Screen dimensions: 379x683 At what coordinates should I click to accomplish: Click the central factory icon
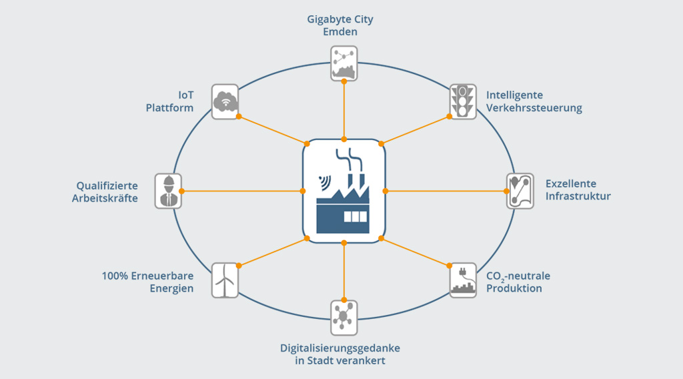pyautogui.click(x=344, y=191)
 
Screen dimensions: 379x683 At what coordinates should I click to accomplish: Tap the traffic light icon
pyautogui.click(x=462, y=101)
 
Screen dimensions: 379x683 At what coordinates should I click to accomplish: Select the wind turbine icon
pyautogui.click(x=225, y=280)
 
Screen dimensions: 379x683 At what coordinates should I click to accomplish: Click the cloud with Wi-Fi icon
pyautogui.click(x=225, y=101)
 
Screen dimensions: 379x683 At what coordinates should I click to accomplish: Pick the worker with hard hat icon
pyautogui.click(x=168, y=191)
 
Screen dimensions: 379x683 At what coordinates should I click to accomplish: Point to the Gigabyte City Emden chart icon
pyautogui.click(x=344, y=63)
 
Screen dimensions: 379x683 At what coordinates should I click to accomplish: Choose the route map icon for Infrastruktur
pyautogui.click(x=520, y=191)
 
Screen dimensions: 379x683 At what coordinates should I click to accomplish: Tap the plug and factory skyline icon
pyautogui.click(x=462, y=280)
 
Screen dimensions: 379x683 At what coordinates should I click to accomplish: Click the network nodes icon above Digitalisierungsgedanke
pyautogui.click(x=344, y=317)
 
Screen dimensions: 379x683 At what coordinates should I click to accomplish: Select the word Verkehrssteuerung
pyautogui.click(x=534, y=107)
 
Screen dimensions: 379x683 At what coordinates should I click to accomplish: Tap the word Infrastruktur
pyautogui.click(x=578, y=196)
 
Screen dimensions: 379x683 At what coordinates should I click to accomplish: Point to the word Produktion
pyautogui.click(x=514, y=288)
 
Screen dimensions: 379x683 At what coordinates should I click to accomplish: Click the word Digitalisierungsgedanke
pyautogui.click(x=340, y=348)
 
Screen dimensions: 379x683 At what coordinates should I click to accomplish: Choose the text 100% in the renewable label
pyautogui.click(x=115, y=276)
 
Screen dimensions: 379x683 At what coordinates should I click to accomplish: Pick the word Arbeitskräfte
pyautogui.click(x=105, y=198)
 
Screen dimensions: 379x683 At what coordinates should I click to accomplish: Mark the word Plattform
pyautogui.click(x=169, y=107)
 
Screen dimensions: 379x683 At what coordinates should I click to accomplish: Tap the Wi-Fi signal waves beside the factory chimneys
pyautogui.click(x=324, y=181)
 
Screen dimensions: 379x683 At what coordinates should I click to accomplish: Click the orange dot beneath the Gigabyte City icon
pyautogui.click(x=344, y=81)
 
